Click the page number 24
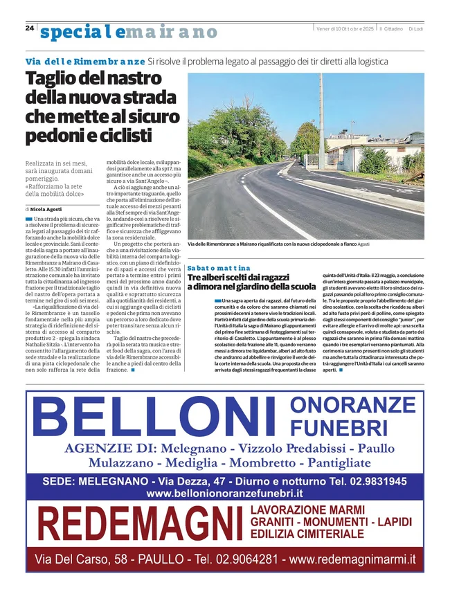point(30,28)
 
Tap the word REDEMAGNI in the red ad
point(140,524)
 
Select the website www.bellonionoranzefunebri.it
point(225,494)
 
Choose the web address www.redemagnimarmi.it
point(352,558)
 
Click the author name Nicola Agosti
point(46,208)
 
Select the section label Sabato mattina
point(219,267)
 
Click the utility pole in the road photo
point(321,125)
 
